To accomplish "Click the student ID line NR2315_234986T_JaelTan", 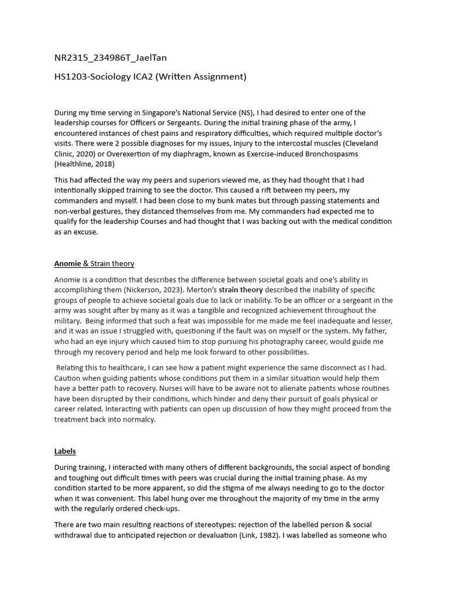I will [x=106, y=57].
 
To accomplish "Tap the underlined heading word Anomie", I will [x=67, y=264].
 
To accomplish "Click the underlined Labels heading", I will [x=65, y=451].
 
